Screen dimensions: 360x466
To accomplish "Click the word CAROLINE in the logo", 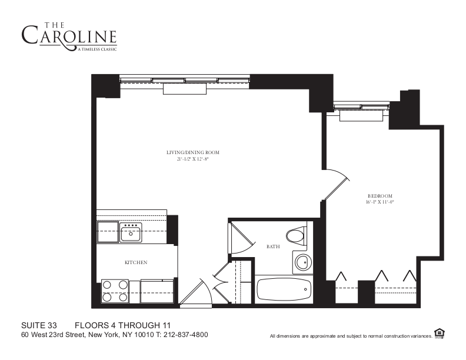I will pyautogui.click(x=69, y=35).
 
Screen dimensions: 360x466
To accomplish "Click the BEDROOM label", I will pyautogui.click(x=380, y=196).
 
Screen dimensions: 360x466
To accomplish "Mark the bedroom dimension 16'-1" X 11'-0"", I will pyautogui.click(x=380, y=202).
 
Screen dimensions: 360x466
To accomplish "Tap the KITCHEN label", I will pyautogui.click(x=135, y=262).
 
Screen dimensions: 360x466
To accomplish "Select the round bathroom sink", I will pyautogui.click(x=303, y=262).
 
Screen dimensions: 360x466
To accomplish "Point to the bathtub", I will pyautogui.click(x=284, y=289).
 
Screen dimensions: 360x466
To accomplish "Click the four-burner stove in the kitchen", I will pyautogui.click(x=116, y=290).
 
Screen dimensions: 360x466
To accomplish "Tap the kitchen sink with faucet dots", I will pyautogui.click(x=130, y=233).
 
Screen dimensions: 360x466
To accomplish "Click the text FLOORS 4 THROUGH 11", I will pyautogui.click(x=122, y=325).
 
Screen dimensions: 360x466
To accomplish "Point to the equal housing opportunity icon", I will pyautogui.click(x=439, y=334).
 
